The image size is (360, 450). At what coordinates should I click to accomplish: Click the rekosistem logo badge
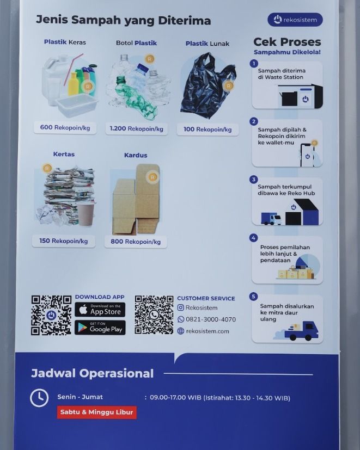(x=295, y=20)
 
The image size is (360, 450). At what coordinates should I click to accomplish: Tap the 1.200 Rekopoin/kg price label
(x=137, y=128)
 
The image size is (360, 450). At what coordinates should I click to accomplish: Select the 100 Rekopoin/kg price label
(x=208, y=130)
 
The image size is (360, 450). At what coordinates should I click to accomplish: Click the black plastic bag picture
(x=208, y=85)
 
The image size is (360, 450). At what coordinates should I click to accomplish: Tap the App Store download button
(x=100, y=310)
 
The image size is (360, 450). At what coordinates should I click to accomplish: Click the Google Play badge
(x=100, y=328)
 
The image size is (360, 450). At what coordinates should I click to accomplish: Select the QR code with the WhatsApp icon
(x=154, y=315)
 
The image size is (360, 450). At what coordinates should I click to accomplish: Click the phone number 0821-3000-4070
(x=211, y=319)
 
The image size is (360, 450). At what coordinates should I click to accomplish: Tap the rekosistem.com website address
(x=208, y=331)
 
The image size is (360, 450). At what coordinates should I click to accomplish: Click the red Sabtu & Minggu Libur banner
(x=96, y=412)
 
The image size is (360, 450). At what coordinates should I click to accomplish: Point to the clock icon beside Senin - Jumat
(x=39, y=398)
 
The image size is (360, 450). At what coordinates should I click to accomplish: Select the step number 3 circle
(x=253, y=180)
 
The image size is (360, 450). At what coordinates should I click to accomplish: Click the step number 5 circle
(x=253, y=296)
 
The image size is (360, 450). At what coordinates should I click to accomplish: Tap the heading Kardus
(x=136, y=155)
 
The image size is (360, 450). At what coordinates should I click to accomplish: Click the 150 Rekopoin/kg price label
(x=64, y=241)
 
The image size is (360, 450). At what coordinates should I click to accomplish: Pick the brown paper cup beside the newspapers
(x=86, y=214)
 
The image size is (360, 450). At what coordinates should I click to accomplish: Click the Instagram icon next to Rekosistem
(x=180, y=307)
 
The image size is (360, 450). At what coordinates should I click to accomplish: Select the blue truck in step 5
(x=301, y=331)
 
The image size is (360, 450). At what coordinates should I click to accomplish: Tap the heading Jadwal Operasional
(x=92, y=373)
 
